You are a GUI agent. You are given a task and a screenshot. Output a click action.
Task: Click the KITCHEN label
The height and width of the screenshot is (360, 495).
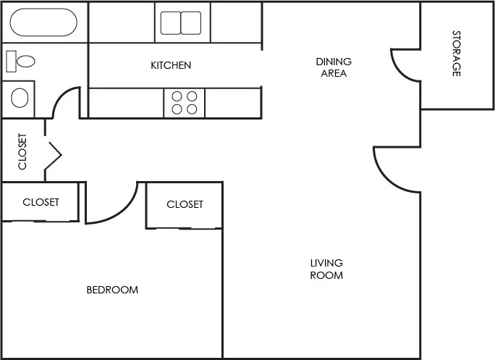(171, 66)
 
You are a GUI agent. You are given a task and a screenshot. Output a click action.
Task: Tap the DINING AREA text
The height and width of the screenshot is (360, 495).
(334, 67)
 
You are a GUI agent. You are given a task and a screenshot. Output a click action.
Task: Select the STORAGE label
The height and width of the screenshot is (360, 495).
(457, 54)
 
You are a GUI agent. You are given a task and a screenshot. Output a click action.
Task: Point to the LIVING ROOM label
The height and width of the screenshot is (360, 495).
(326, 269)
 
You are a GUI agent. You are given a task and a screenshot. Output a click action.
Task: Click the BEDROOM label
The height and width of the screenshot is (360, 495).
(112, 290)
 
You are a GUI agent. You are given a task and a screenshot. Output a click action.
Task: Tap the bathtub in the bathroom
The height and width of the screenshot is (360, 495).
(43, 23)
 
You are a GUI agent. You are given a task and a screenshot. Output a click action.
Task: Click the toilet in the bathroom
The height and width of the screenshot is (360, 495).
(21, 62)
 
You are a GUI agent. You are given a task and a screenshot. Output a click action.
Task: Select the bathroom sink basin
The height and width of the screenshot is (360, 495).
(20, 98)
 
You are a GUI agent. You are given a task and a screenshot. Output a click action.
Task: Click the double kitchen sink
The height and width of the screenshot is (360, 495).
(181, 23)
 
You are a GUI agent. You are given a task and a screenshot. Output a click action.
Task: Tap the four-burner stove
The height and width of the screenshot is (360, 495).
(184, 102)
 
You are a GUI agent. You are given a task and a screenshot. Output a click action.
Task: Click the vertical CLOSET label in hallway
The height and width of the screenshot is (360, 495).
(22, 151)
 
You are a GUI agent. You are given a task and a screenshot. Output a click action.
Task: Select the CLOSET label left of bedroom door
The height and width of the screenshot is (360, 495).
(41, 202)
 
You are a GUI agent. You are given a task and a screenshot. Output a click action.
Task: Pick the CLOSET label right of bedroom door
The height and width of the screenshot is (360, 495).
(185, 204)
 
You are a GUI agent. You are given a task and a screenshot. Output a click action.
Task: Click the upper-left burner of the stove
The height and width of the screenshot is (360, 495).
(177, 96)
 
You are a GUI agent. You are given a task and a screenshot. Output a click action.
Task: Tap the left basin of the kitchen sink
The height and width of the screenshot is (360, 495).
(171, 23)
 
